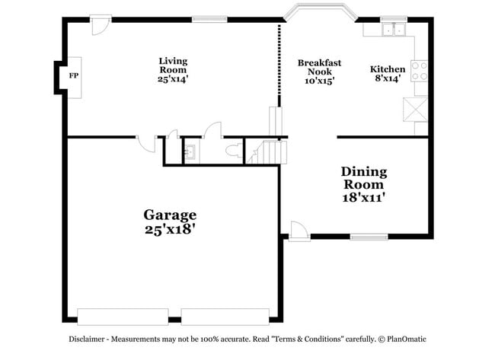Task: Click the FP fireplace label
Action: (x=74, y=76)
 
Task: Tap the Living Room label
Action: (x=173, y=65)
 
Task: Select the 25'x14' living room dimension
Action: (x=173, y=78)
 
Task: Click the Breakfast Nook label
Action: (x=319, y=67)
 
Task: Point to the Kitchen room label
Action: (x=388, y=69)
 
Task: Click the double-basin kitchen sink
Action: (x=394, y=30)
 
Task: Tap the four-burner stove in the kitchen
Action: (x=420, y=71)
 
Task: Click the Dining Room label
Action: (x=363, y=178)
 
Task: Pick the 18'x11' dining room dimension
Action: (x=363, y=197)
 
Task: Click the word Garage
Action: (x=171, y=215)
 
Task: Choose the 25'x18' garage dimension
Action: (x=171, y=228)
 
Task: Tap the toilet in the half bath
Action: (x=234, y=150)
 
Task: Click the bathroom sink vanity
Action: (x=190, y=151)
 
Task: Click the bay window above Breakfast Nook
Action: (x=320, y=11)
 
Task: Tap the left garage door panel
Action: (x=123, y=316)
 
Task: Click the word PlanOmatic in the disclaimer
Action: (x=407, y=339)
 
